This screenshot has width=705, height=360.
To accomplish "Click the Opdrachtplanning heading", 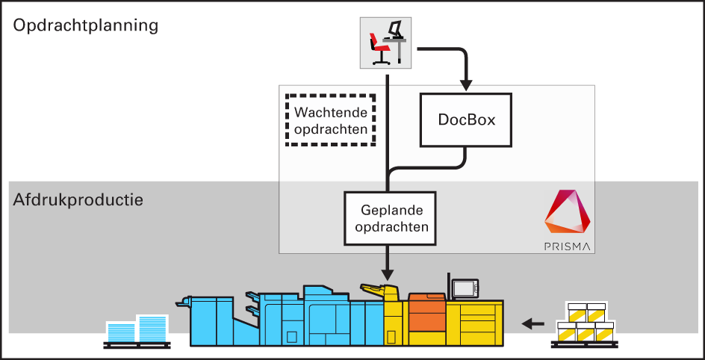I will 86,25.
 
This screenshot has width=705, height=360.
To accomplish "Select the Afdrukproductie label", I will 78,200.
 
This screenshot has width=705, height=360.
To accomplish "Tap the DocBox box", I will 467,120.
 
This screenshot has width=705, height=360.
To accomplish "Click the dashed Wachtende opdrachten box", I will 331,120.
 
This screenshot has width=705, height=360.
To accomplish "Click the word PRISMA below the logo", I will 567,245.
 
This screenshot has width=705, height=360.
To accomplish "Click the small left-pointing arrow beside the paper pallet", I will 532,323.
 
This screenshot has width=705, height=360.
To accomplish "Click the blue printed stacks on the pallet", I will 137,329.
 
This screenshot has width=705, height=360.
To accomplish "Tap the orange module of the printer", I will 427,314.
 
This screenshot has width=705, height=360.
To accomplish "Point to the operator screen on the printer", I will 465,288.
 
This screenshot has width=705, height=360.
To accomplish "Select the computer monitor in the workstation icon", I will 397,29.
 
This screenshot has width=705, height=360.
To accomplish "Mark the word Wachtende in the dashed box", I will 331,113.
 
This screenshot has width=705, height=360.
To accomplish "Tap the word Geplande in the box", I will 389,211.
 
